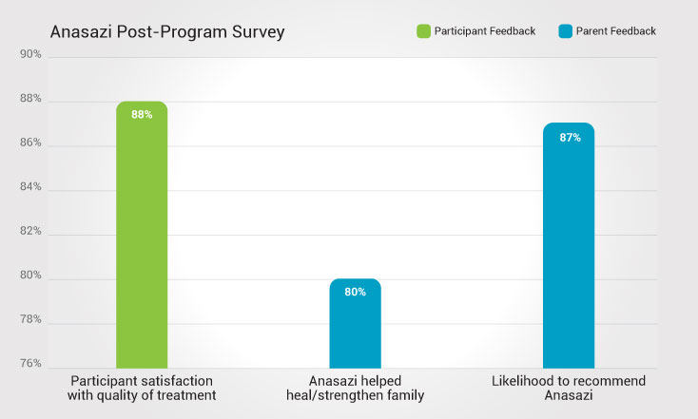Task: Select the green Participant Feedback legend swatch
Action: click(x=423, y=31)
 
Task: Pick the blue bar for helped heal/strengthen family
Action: click(x=355, y=323)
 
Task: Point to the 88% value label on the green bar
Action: click(x=142, y=115)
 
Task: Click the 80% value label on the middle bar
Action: click(x=355, y=293)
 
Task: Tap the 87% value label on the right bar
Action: click(x=569, y=138)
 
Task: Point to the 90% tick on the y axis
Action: click(x=30, y=54)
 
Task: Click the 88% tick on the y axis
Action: click(x=30, y=99)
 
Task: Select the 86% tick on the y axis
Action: click(x=30, y=143)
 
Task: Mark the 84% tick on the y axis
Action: click(x=30, y=187)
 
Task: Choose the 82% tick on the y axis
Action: click(x=30, y=231)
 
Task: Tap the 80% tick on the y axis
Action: click(x=30, y=276)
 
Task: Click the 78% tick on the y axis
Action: click(x=30, y=319)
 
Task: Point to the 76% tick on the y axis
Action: click(x=30, y=364)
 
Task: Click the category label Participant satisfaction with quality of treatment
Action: click(x=141, y=389)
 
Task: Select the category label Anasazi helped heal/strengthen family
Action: click(x=355, y=389)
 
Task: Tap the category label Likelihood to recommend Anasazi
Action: click(x=569, y=389)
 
